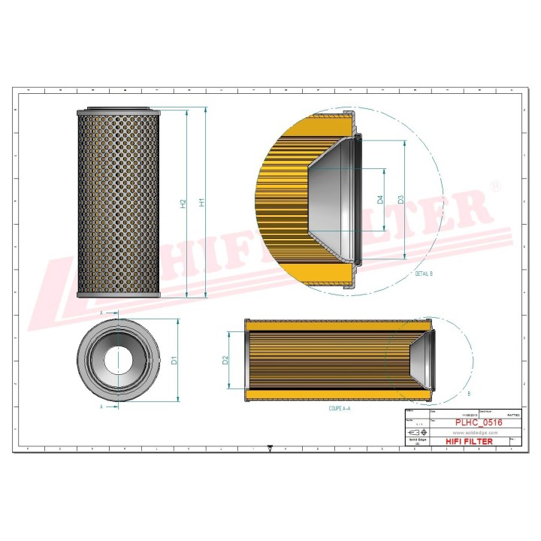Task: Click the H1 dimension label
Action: (x=201, y=203)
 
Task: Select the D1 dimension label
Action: (x=174, y=360)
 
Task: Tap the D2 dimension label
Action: (x=225, y=360)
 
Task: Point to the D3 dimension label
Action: (x=401, y=198)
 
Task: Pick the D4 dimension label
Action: (x=381, y=198)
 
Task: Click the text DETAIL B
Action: (x=424, y=274)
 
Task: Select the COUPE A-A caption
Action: (x=340, y=409)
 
